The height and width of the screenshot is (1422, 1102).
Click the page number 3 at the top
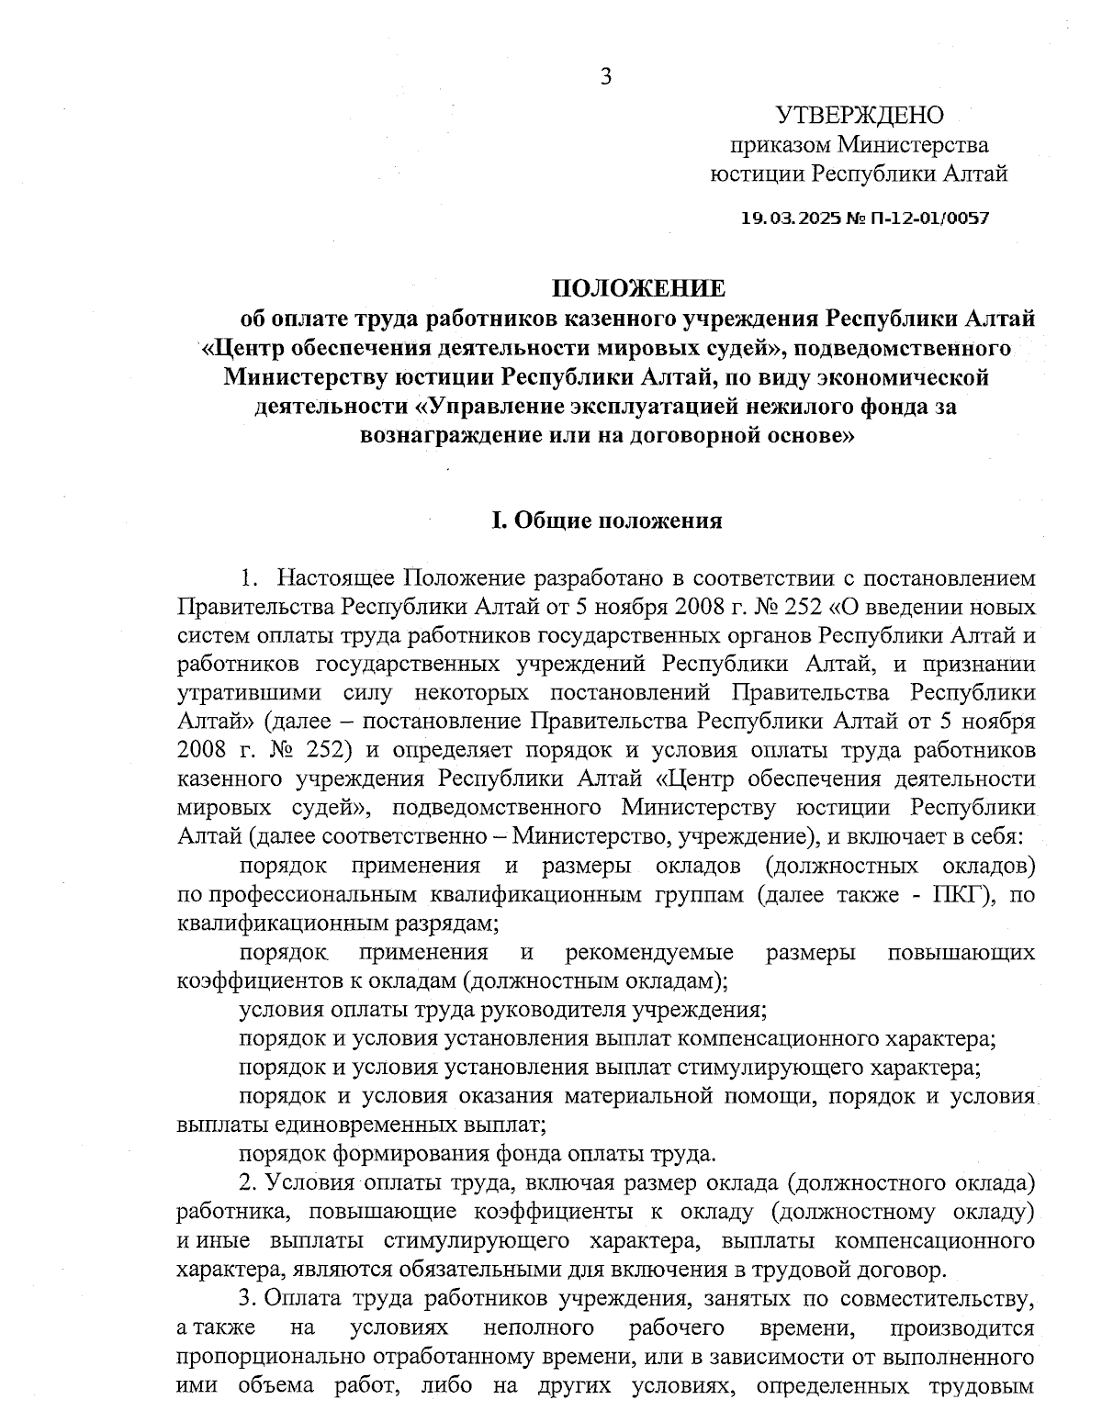(606, 77)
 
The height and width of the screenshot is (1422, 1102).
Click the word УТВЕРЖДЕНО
(860, 115)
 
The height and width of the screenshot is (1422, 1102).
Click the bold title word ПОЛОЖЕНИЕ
(637, 289)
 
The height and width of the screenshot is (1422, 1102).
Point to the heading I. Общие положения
(606, 521)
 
